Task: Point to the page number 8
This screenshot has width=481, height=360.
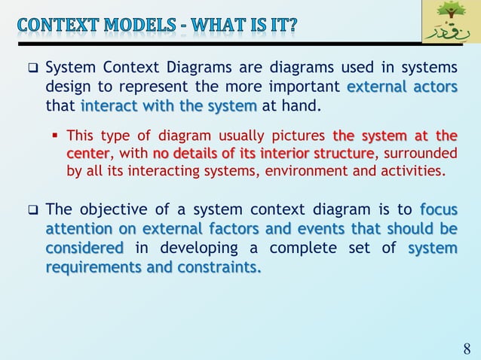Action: click(467, 349)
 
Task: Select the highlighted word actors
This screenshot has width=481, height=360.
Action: click(434, 87)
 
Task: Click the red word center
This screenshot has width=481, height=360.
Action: click(87, 154)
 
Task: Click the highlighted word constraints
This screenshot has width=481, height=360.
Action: click(218, 266)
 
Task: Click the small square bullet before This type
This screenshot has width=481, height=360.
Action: click(57, 136)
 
